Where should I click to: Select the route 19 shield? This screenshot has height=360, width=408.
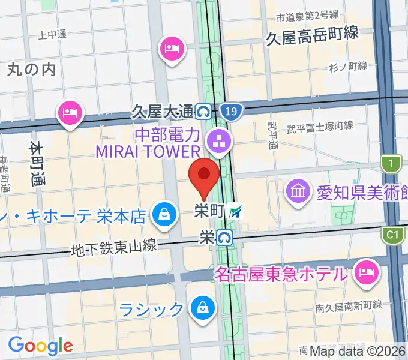227,111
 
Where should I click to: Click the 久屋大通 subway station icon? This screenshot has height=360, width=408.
204,111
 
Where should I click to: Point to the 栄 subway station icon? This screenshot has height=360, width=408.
225,238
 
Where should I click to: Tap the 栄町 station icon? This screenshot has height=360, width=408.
238,211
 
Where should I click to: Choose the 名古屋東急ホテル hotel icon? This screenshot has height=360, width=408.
365,274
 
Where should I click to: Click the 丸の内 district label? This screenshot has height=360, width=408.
32,70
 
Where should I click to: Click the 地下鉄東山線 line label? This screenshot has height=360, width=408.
113,245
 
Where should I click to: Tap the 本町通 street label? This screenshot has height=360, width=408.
37,164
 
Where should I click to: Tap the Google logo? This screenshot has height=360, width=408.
40,346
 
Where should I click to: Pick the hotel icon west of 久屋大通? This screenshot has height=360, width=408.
70,113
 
